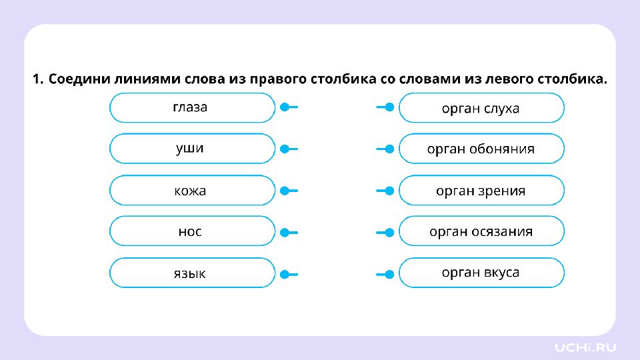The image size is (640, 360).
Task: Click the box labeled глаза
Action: pyautogui.click(x=192, y=108)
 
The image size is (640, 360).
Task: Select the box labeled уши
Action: pyautogui.click(x=192, y=149)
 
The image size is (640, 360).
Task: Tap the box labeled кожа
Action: pyautogui.click(x=192, y=190)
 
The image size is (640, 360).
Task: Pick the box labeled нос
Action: pyautogui.click(x=192, y=231)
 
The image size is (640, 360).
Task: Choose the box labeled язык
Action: pyautogui.click(x=192, y=273)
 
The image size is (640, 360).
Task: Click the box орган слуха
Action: pyautogui.click(x=481, y=108)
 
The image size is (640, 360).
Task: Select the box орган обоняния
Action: pyautogui.click(x=481, y=149)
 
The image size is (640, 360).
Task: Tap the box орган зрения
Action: pyautogui.click(x=481, y=190)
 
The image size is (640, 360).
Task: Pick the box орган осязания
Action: pyautogui.click(x=481, y=231)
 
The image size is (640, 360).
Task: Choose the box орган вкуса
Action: pyautogui.click(x=481, y=273)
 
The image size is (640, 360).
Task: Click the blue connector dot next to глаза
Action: pyautogui.click(x=285, y=107)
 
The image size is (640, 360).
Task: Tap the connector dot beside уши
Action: pyautogui.click(x=285, y=149)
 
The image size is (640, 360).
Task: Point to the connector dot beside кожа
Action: pyautogui.click(x=285, y=191)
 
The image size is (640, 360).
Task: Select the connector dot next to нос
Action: pyautogui.click(x=285, y=233)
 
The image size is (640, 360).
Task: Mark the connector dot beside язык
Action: pyautogui.click(x=285, y=274)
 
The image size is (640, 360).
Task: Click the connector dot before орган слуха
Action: pyautogui.click(x=390, y=107)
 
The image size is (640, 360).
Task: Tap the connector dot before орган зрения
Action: pyautogui.click(x=390, y=191)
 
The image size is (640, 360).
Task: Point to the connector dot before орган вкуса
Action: pyautogui.click(x=390, y=274)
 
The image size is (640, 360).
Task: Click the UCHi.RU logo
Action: pyautogui.click(x=585, y=348)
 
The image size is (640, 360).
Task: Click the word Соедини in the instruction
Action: pyautogui.click(x=79, y=79)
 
